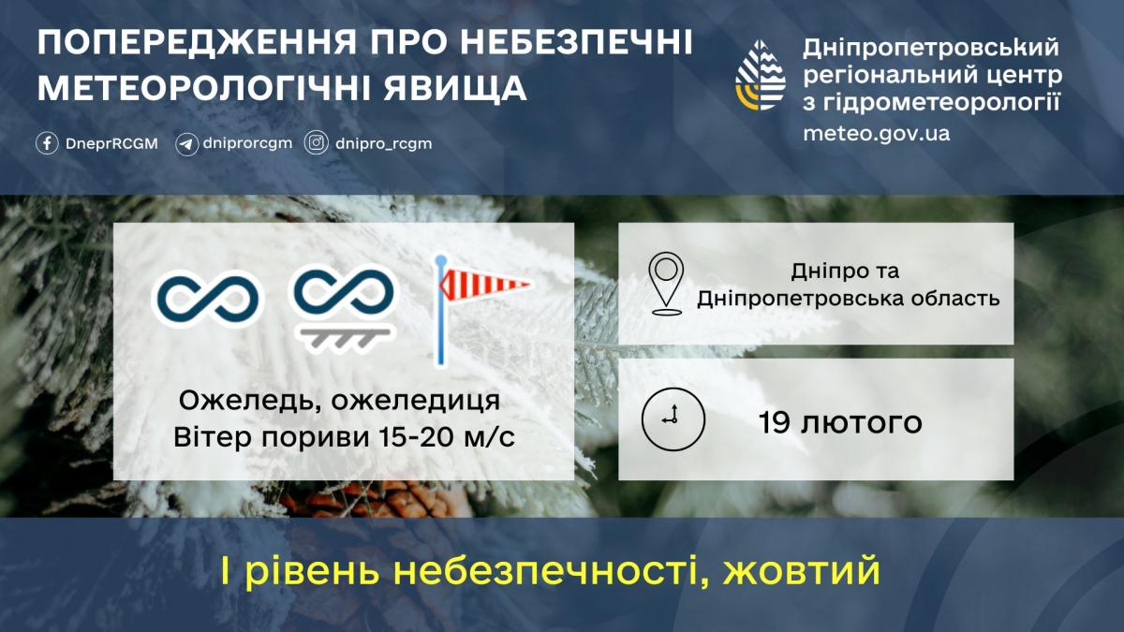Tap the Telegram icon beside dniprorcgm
pos(186,144)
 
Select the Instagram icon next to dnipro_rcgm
pos(318,144)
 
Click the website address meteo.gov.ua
pos(876,133)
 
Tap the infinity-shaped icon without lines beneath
pos(206,299)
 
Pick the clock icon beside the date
pos(673,419)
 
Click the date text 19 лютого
pos(840,422)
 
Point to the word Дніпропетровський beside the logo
pos(930,48)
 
